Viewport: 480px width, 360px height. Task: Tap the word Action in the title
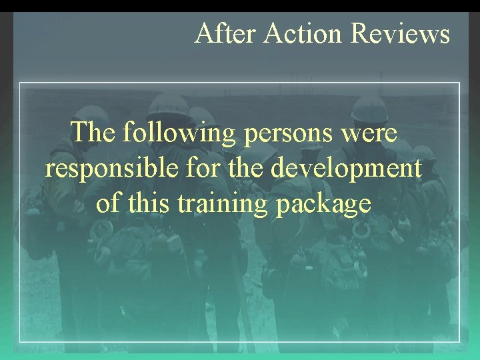[304, 33]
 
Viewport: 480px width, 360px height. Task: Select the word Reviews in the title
[401, 33]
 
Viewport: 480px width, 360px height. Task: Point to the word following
[179, 134]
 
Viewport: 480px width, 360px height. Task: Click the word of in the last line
[107, 203]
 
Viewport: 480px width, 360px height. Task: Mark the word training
[222, 204]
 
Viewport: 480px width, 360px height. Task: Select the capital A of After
[203, 33]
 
